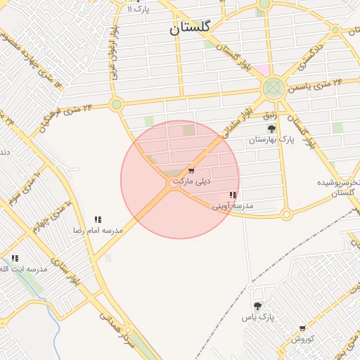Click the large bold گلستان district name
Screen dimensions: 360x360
point(191,29)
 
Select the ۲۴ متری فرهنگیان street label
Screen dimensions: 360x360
point(67,111)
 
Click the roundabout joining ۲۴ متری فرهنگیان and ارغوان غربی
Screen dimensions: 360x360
point(117,105)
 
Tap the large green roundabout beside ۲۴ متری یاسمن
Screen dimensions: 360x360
point(273,89)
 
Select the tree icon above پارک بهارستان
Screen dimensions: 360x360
point(271,129)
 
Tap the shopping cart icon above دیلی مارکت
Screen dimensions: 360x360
point(191,171)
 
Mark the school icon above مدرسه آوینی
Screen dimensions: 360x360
point(233,195)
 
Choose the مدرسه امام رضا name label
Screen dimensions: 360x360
point(98,230)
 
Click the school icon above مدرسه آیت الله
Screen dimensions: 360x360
point(15,259)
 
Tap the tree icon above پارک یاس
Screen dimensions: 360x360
point(258,307)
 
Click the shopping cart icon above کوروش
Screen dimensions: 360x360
point(302,328)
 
